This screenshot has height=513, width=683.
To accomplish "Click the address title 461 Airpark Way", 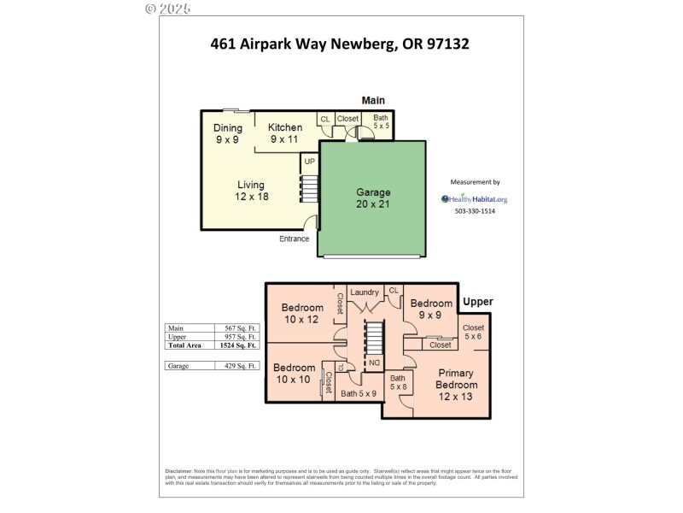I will [340, 43].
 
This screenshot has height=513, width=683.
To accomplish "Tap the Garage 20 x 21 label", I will [373, 198].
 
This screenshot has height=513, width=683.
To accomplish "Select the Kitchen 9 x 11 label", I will [285, 133].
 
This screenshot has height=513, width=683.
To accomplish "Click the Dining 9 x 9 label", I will [227, 133].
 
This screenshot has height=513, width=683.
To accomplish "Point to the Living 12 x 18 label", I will [250, 190].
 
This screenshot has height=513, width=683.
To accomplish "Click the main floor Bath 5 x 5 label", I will [380, 121].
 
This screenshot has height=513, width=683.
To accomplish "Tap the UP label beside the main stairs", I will [309, 161].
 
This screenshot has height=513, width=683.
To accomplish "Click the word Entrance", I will [294, 239].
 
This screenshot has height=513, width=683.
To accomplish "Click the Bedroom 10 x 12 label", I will [302, 313].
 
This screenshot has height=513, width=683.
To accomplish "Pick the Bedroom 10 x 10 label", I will [294, 374].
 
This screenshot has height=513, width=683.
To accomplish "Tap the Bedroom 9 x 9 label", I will [431, 309].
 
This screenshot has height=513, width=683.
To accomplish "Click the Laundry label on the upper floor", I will [365, 292].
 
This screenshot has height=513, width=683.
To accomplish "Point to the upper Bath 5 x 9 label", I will [359, 394].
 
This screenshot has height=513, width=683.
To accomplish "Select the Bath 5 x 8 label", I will [398, 382].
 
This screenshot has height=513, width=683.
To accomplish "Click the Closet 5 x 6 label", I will [473, 332].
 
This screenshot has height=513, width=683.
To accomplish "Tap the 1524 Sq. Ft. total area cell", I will [235, 345].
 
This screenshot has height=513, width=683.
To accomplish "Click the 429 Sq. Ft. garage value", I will [235, 365].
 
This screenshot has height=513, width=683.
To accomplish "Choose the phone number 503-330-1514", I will [474, 211].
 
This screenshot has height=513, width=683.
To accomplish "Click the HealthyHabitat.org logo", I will [474, 199].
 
